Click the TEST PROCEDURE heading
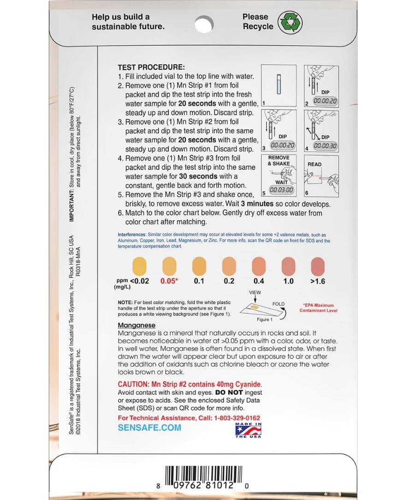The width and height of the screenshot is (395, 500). [x=151, y=67]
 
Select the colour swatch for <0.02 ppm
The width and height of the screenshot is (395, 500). [x=140, y=266]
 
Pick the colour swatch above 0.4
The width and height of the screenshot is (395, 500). [x=259, y=266]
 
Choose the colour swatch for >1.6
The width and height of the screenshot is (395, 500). [x=318, y=266]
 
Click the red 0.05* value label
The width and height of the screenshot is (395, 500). [x=170, y=281]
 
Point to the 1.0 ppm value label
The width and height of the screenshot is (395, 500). [x=288, y=281]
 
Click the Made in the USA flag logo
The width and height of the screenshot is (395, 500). [x=248, y=430]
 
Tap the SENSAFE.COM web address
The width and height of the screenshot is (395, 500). [x=149, y=428]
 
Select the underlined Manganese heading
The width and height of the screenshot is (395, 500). [x=136, y=325]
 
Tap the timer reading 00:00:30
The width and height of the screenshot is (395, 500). [x=325, y=145]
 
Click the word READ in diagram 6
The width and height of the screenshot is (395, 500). [x=314, y=164]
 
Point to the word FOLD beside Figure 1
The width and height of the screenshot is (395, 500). [x=278, y=304]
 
